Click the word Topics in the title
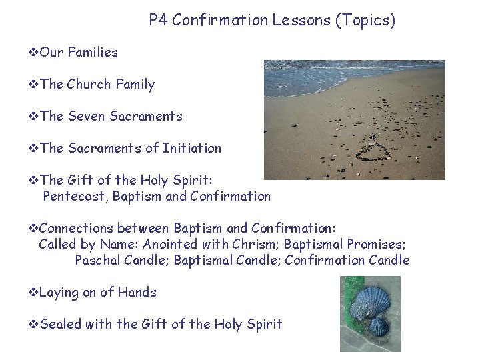click(366, 21)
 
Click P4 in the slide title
click(158, 21)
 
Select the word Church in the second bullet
click(89, 84)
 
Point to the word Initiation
click(192, 148)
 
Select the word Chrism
click(256, 244)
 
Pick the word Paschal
click(98, 260)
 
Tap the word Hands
click(137, 292)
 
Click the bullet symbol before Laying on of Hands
click(33, 292)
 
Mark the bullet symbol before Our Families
click(33, 52)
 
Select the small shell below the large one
click(379, 327)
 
